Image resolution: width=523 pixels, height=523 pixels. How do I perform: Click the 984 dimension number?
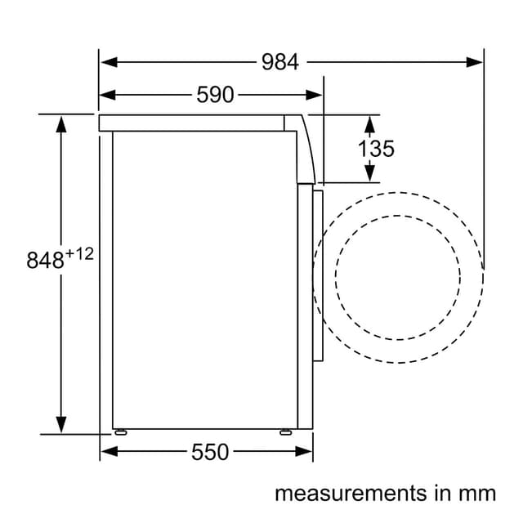(x=279, y=62)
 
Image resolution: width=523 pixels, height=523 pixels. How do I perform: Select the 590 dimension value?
(x=215, y=95)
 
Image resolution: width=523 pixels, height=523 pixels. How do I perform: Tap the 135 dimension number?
(x=376, y=149)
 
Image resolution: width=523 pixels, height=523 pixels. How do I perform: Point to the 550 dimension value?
(x=210, y=452)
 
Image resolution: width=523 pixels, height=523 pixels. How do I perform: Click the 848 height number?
(x=45, y=260)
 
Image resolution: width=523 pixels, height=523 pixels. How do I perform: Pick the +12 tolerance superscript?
(x=79, y=254)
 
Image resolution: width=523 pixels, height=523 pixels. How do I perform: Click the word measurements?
(x=351, y=494)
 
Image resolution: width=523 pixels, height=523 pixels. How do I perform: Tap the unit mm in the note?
(x=477, y=494)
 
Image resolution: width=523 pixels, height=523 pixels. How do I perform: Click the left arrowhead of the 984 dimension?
(x=109, y=62)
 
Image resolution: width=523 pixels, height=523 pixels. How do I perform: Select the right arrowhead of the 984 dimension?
(x=474, y=62)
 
